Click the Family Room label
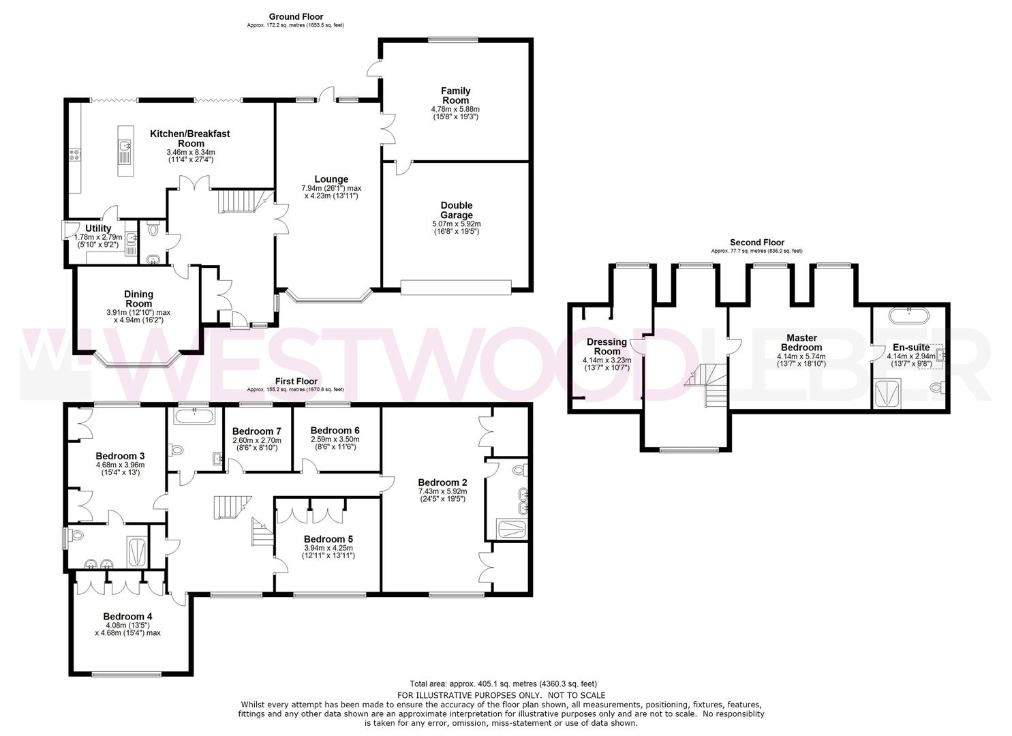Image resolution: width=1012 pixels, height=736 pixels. [455, 95]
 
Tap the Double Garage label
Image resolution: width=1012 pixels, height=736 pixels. [456, 210]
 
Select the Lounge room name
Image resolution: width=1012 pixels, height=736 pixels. [331, 180]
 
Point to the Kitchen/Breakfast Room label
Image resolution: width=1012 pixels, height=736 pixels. [190, 138]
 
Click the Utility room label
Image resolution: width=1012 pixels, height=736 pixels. [99, 228]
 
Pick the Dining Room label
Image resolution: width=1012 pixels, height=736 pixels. [138, 299]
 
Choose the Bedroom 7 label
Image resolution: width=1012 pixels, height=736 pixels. [256, 431]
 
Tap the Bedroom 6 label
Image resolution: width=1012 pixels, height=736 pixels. [335, 431]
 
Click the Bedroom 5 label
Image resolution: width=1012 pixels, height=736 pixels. [328, 539]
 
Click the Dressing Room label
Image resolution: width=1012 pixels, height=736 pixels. [607, 347]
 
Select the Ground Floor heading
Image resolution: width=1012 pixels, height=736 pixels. [296, 17]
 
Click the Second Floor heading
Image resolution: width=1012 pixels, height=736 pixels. [756, 243]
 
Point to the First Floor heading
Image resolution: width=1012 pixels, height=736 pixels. [295, 382]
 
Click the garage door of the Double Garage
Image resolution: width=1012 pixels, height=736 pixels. [455, 288]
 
